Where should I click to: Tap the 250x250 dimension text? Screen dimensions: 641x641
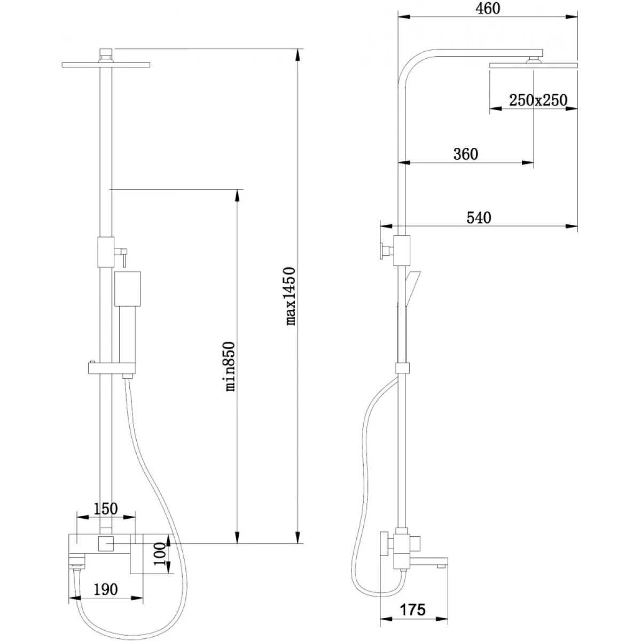point(537,100)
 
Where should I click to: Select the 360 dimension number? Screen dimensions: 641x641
point(466,154)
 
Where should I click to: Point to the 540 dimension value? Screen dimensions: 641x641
point(479,218)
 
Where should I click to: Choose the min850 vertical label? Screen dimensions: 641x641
point(230,366)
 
